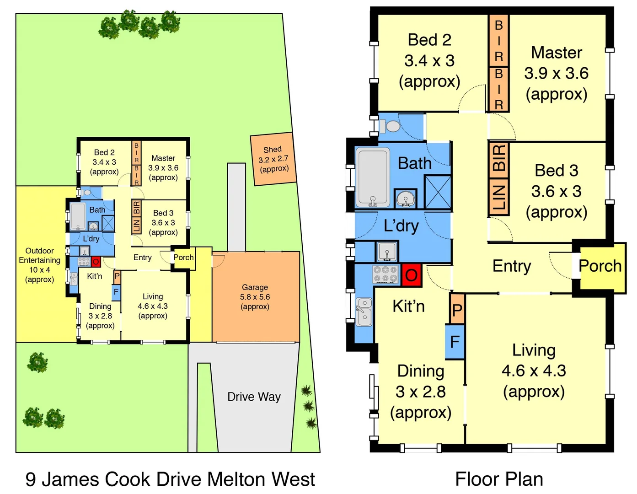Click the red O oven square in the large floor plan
411,275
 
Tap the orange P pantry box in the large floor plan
457,310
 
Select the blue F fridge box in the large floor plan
455,342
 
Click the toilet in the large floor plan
391,126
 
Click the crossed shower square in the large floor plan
438,192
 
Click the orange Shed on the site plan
273,159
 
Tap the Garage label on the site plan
255,296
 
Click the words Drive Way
254,397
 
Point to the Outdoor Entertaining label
39,265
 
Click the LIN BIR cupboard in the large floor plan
498,178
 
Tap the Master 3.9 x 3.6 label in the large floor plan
556,73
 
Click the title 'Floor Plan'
499,479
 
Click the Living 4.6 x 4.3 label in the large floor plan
534,370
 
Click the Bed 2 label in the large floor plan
429,60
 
